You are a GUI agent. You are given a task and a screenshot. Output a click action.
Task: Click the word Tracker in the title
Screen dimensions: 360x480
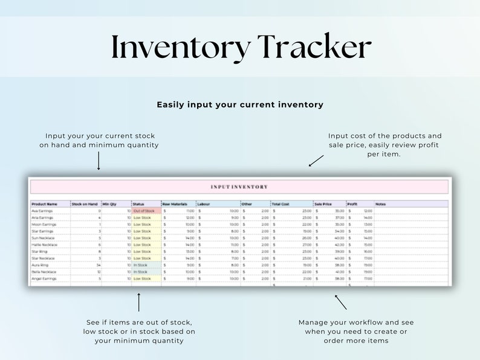(314, 47)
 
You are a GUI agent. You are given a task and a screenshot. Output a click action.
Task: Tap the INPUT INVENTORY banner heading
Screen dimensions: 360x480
(239, 187)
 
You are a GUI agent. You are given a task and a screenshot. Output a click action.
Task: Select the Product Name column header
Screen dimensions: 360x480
(44, 204)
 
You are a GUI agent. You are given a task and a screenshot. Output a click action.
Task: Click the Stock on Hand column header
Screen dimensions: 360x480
(85, 204)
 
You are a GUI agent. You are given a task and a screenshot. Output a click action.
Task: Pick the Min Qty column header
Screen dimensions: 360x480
(109, 204)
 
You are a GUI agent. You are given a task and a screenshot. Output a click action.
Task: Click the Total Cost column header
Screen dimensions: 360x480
(281, 204)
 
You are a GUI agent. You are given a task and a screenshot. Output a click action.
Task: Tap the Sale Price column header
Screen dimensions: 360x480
(323, 204)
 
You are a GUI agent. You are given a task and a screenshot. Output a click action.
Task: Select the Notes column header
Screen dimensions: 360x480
(381, 204)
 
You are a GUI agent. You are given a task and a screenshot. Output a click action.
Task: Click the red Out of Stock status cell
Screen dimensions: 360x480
(144, 211)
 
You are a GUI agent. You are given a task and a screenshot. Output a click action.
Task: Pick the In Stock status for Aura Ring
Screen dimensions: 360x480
(141, 265)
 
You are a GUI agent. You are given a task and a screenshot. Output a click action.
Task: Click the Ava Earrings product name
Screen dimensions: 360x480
(42, 211)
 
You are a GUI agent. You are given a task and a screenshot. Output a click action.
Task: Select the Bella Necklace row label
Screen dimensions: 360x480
(44, 272)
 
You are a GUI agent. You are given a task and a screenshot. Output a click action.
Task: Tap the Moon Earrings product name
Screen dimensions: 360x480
(44, 224)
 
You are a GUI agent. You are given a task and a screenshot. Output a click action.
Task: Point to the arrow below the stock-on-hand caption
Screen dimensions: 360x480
(99, 161)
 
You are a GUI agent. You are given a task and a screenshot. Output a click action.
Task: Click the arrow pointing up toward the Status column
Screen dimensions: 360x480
(139, 302)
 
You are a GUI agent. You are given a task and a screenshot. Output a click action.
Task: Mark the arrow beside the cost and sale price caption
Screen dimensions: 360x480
(316, 160)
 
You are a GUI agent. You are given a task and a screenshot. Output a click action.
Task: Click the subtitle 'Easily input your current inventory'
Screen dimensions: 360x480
(240, 104)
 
